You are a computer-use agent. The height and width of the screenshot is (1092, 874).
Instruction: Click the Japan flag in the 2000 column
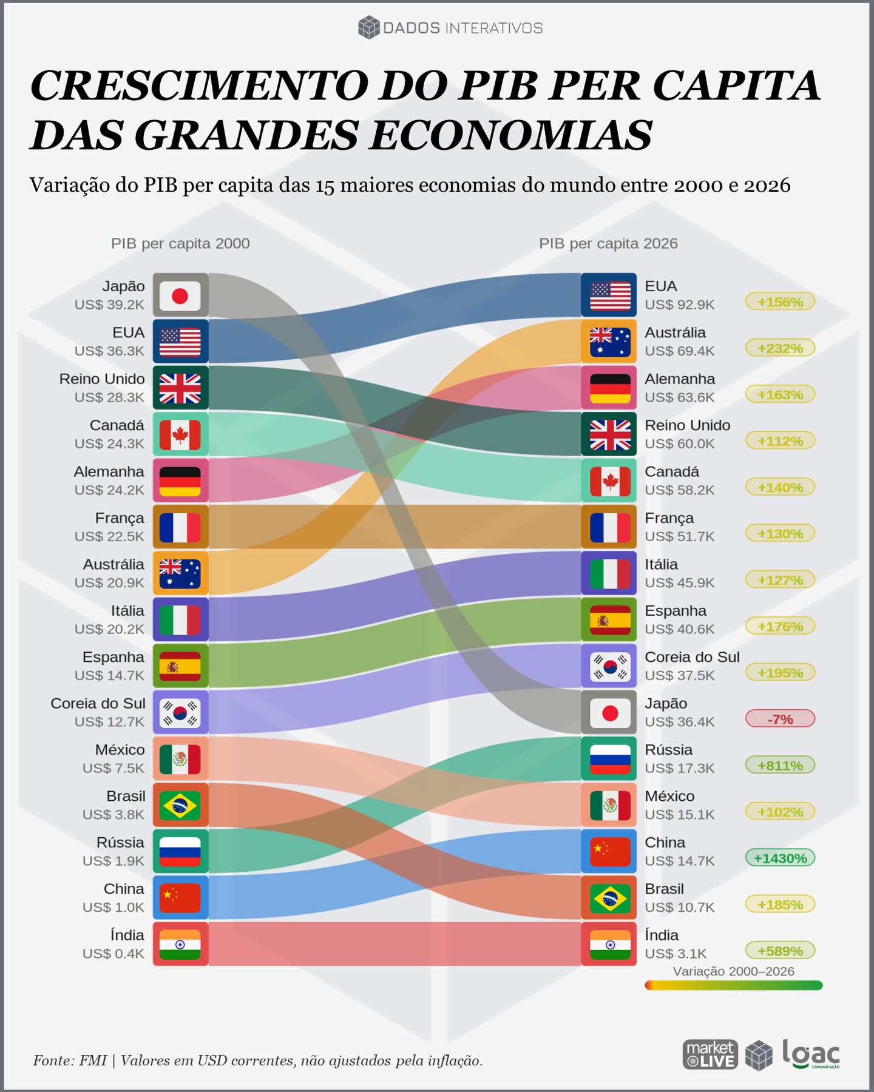180,295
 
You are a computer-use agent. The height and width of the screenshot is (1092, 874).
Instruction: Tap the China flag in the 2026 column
609,852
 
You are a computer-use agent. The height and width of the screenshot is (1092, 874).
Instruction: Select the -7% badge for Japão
780,719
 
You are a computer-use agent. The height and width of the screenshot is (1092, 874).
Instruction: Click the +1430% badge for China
780,858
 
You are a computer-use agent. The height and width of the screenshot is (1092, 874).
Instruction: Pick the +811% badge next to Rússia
780,766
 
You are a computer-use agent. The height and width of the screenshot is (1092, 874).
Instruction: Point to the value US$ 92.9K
679,305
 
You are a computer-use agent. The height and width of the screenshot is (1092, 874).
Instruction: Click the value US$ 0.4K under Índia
113,954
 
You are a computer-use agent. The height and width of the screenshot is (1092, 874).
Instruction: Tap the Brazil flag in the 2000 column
180,806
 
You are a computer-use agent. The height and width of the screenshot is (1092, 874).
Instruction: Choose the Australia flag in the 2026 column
609,342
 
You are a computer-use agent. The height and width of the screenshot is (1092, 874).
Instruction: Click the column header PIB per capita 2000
180,243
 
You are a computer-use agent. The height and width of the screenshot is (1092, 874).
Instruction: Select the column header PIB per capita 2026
608,243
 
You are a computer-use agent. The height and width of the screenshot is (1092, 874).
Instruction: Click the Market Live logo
710,1054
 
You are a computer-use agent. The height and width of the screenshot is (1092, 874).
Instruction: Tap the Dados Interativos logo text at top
462,28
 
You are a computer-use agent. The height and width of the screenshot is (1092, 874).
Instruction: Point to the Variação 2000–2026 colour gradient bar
733,986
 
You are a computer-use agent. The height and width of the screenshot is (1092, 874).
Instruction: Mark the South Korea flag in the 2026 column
609,666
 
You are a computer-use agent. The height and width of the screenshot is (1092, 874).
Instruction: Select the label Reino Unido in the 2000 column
102,379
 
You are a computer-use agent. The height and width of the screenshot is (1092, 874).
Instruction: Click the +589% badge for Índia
780,951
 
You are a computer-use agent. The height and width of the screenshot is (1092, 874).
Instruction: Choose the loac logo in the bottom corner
811,1054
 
